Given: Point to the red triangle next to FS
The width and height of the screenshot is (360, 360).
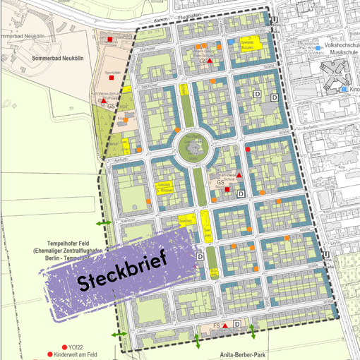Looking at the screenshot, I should coord(225,325).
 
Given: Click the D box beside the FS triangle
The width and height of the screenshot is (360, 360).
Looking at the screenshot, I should coord(237,324).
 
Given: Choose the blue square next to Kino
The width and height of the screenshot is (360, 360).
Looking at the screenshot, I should coord(344,90).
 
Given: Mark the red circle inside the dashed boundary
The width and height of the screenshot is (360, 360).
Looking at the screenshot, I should coord(247,150).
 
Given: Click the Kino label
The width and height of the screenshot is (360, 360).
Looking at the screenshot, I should coord(354,90).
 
